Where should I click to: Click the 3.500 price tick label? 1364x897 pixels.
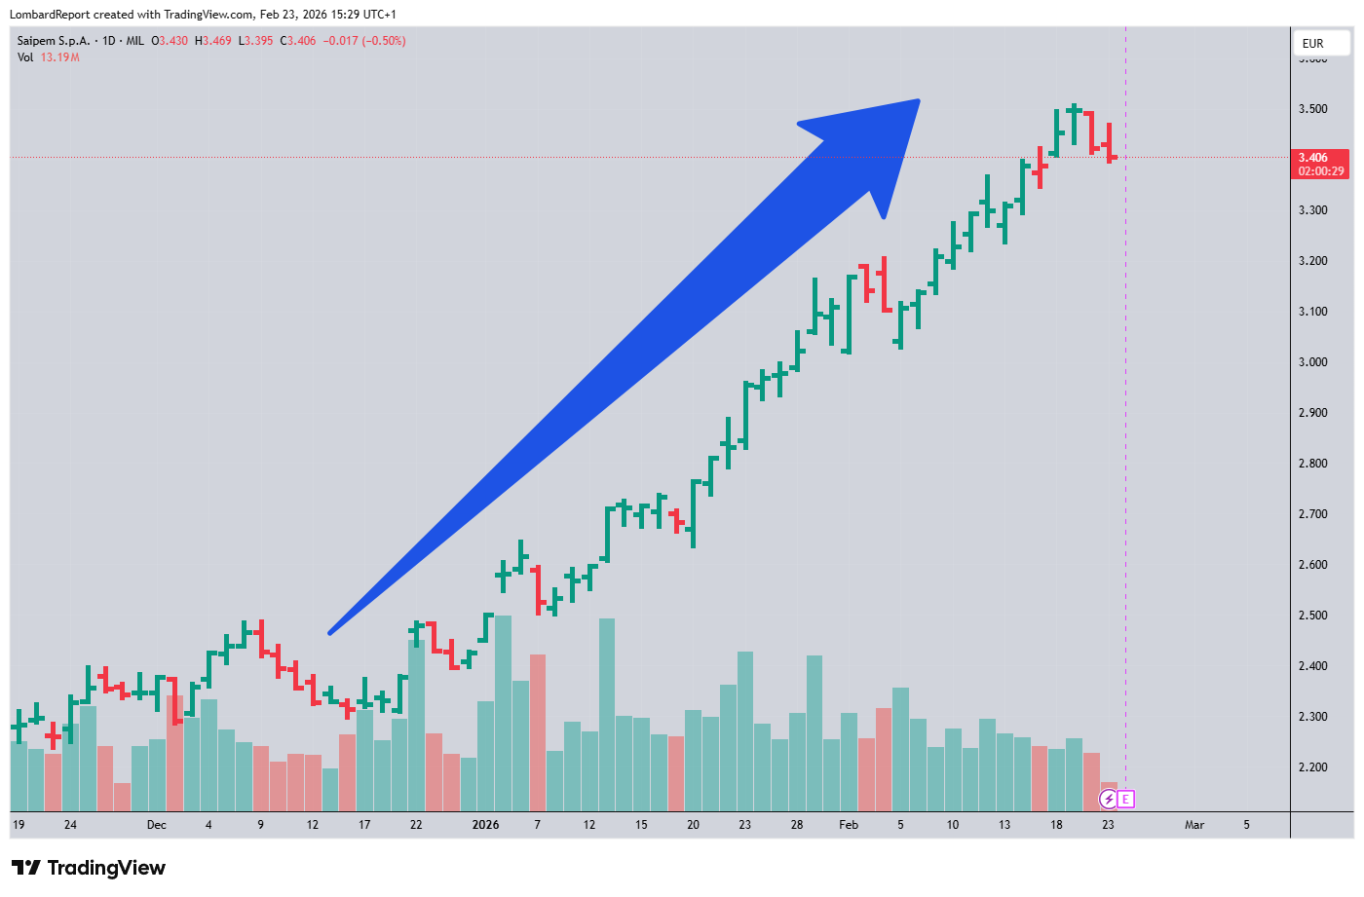[1312, 109]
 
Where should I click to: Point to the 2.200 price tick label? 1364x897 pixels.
[1312, 767]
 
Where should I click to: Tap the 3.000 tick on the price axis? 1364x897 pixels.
[1312, 362]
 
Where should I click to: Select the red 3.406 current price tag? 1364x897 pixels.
[1320, 164]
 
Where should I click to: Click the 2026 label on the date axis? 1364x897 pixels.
[485, 825]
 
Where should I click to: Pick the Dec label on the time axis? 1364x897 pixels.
[157, 825]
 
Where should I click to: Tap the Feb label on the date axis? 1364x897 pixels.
[849, 825]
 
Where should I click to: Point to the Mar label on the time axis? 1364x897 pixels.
[1194, 825]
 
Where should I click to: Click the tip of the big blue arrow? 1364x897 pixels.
[918, 101]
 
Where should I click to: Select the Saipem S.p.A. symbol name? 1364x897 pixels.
[54, 41]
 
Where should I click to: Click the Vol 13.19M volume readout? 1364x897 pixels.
[49, 57]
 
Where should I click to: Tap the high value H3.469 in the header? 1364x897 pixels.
[213, 41]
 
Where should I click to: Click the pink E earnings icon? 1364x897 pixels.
[1126, 800]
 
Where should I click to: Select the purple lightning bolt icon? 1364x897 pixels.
[1109, 800]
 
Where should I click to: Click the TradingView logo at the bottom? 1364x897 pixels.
[89, 868]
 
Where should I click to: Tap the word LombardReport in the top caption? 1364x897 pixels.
[49, 15]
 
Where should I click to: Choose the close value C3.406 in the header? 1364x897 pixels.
[298, 41]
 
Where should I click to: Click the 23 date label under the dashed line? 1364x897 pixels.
[1108, 825]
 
